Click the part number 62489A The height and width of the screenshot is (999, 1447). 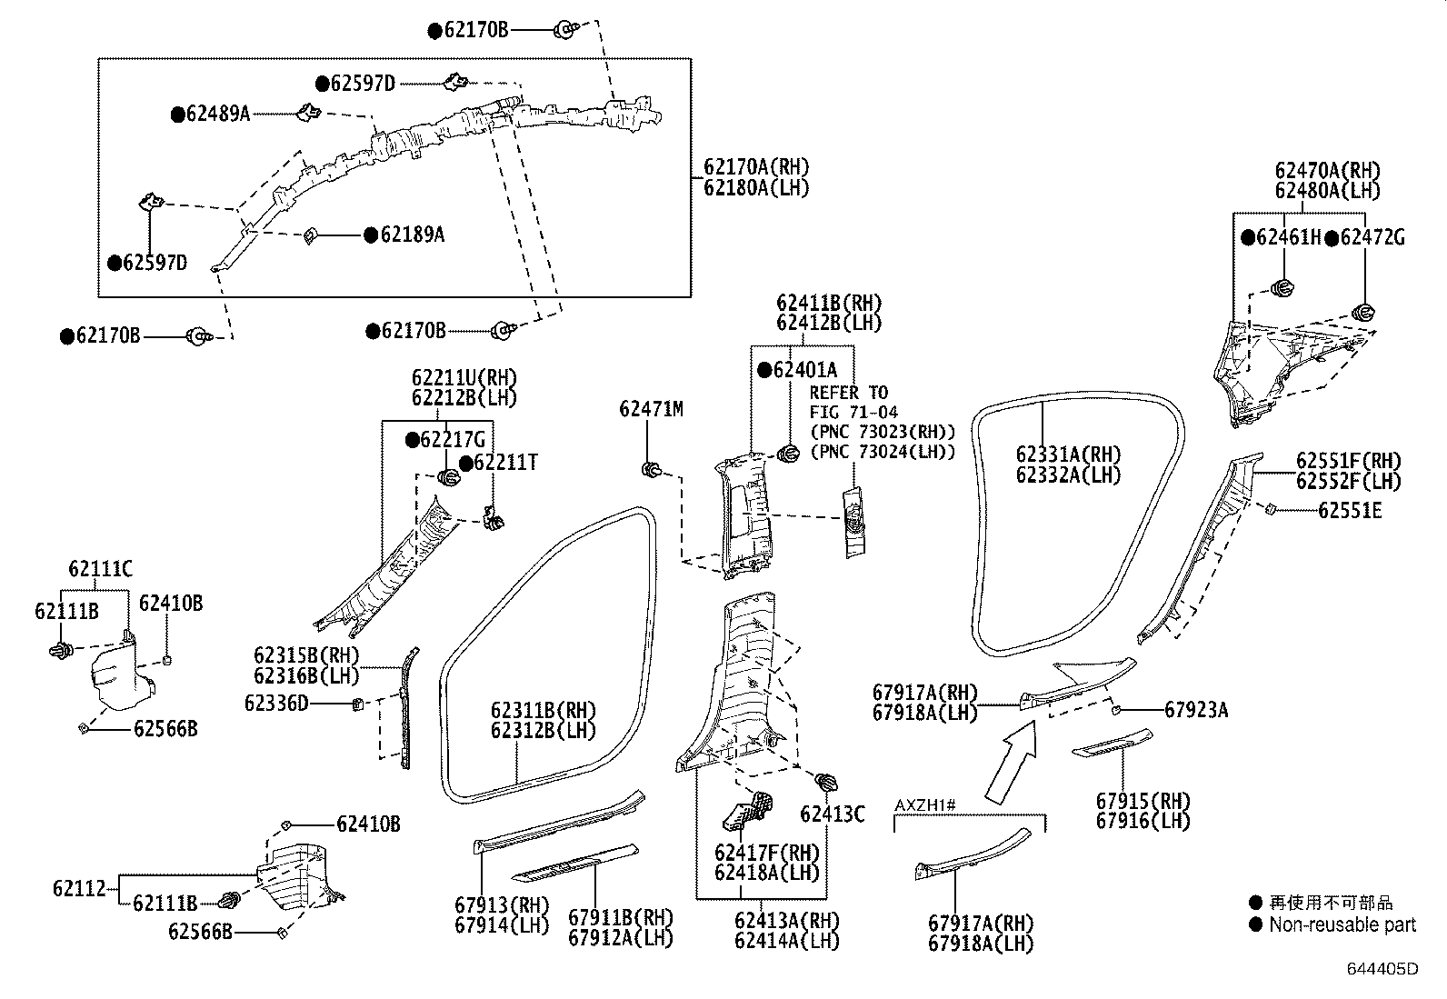pyautogui.click(x=218, y=115)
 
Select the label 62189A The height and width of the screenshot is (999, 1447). pyautogui.click(x=412, y=235)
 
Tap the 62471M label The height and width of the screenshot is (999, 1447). pyautogui.click(x=651, y=410)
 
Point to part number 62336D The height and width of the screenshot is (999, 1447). pyautogui.click(x=276, y=703)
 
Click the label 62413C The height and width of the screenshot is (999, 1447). pyautogui.click(x=832, y=814)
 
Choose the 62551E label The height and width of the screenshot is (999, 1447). pyautogui.click(x=1350, y=511)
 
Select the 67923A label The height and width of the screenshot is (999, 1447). pyautogui.click(x=1196, y=710)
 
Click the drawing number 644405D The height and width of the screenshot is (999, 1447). pyautogui.click(x=1382, y=970)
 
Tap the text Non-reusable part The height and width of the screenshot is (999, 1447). pyautogui.click(x=1342, y=925)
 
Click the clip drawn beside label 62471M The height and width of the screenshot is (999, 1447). pyautogui.click(x=651, y=470)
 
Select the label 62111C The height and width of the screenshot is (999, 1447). pyautogui.click(x=100, y=570)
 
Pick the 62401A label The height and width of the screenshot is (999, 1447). pyautogui.click(x=804, y=370)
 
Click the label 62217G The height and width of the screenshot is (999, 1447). pyautogui.click(x=453, y=440)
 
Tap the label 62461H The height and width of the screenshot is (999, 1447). pyautogui.click(x=1288, y=238)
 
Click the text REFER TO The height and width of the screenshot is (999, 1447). pyautogui.click(x=848, y=393)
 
